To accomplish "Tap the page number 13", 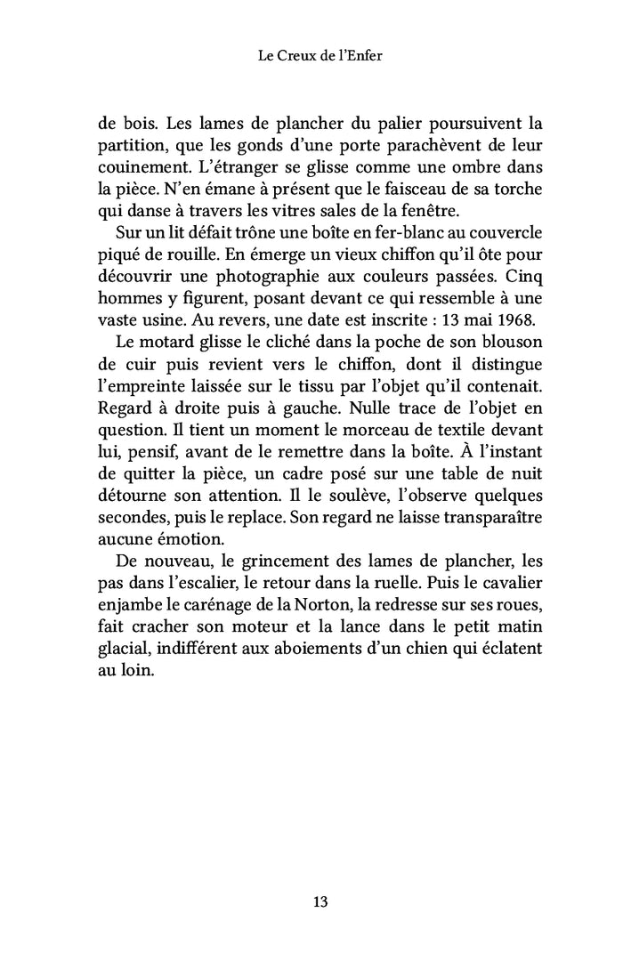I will coord(320,901).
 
